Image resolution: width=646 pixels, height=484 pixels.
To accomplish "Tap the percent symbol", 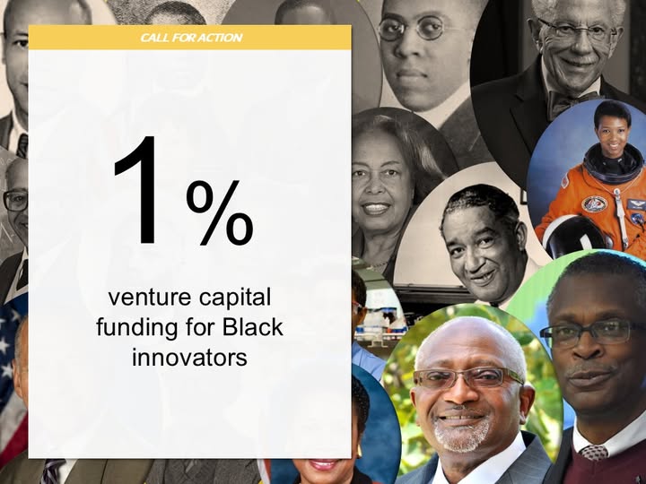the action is point(220,212).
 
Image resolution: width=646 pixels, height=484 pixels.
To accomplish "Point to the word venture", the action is point(151,298).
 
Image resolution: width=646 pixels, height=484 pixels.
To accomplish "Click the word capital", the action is point(235,298).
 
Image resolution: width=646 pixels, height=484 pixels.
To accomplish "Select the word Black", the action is point(253,327).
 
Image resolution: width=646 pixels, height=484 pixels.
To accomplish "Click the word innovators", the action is point(189,358).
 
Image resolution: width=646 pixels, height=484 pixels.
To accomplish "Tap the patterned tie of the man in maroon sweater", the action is point(594,453).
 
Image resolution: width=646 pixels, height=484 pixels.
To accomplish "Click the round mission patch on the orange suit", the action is point(595,204).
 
